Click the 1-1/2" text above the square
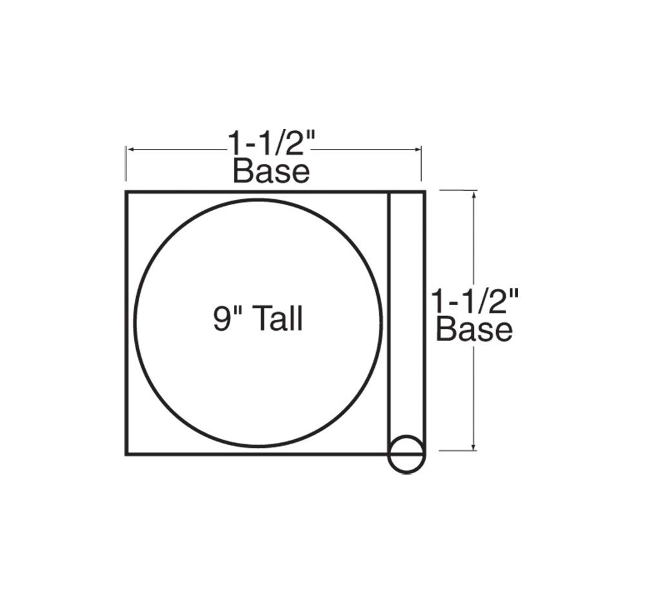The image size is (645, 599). pyautogui.click(x=272, y=144)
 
